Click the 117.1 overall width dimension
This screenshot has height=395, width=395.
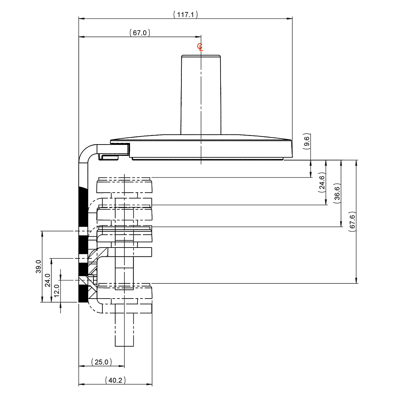coord(185,14)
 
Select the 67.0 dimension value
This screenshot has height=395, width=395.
coord(140,33)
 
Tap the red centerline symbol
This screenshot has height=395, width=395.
coord(200,47)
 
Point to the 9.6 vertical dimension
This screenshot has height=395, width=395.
coord(307,142)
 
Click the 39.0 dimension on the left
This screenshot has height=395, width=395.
coord(38,266)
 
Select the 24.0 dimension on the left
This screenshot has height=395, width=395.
coord(47,280)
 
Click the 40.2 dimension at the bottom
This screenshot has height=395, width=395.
coord(115,381)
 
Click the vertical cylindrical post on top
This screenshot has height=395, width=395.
coord(201,95)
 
